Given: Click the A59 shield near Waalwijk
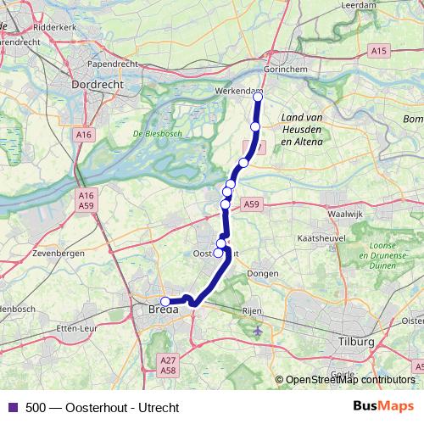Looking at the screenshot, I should point(251,204).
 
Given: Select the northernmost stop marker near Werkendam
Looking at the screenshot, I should point(258,97).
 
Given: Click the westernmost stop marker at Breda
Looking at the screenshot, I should point(165,301).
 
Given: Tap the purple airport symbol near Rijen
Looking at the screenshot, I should point(258,330).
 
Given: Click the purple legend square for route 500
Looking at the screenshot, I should point(12,406).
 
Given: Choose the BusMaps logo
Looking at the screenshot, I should point(382,406).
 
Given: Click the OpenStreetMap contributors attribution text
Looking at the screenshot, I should point(349,380).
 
